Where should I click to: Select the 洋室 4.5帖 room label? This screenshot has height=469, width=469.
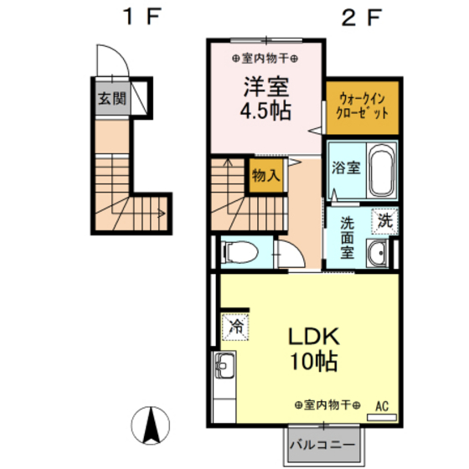[267, 99]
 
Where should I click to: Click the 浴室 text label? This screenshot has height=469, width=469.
[346, 167]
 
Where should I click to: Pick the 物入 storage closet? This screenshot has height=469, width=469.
[265, 177]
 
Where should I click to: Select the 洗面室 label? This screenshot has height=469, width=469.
[348, 237]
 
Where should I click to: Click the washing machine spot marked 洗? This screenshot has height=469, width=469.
[384, 221]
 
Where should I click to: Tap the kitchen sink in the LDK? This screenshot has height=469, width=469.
[225, 366]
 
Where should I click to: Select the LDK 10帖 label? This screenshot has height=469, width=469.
[312, 349]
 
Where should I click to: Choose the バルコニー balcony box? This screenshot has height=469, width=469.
[322, 443]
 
